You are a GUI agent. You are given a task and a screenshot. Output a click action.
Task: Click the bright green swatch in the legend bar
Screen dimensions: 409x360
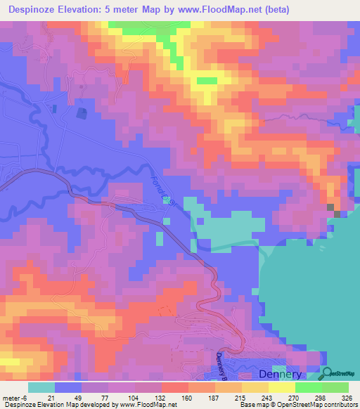click(x=308, y=387)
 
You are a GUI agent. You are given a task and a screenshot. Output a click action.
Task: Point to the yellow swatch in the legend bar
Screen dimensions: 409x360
click(x=281, y=387)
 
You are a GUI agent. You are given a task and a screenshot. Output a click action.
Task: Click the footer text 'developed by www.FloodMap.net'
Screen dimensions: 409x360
click(x=120, y=405)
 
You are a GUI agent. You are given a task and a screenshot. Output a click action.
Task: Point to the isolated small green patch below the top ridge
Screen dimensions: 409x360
click(x=206, y=81)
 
